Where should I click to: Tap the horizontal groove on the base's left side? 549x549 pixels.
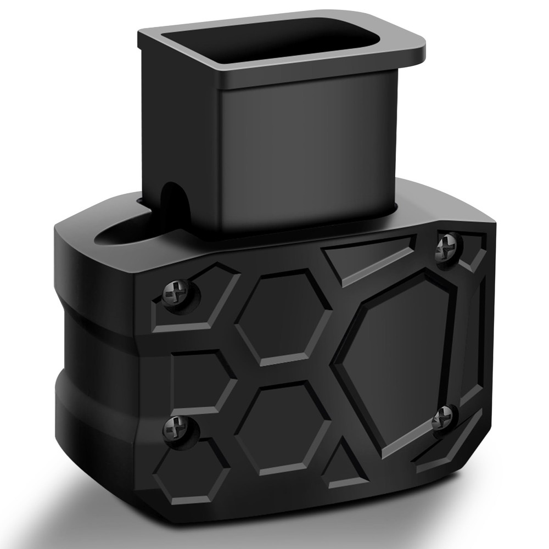[93, 351]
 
